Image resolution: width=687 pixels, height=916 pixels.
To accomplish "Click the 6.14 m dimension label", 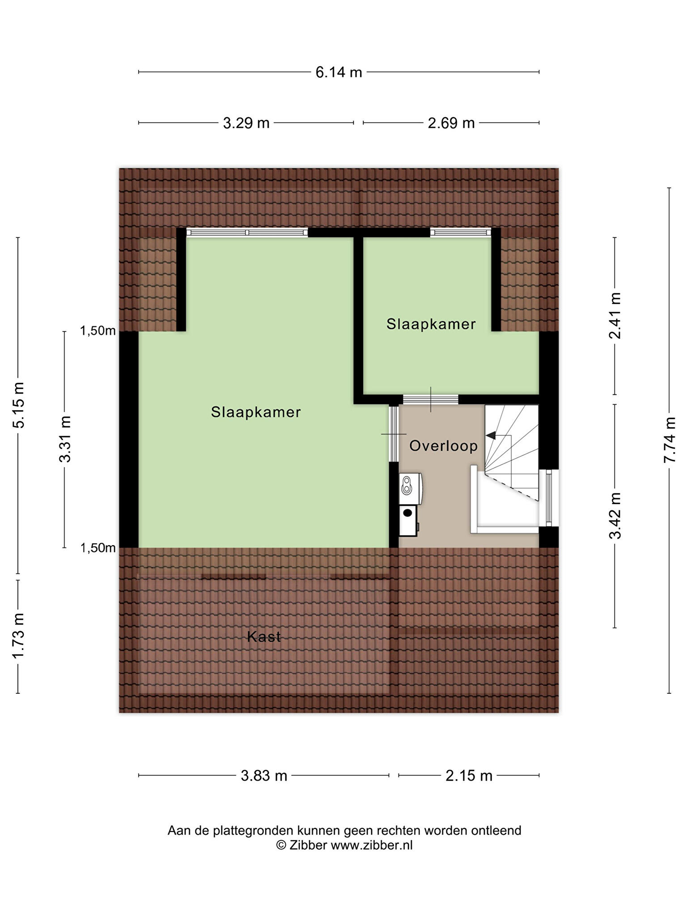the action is [339, 72].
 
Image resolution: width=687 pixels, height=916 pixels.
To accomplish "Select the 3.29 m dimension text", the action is [246, 123].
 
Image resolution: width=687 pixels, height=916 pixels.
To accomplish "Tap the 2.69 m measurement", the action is [451, 123].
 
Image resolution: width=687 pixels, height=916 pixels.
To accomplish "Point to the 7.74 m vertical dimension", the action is [670, 440].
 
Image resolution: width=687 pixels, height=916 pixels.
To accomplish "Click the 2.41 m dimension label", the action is [615, 316].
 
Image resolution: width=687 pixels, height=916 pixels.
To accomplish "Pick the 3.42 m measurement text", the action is [615, 516].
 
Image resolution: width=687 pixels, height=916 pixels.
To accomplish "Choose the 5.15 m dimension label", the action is [18, 405].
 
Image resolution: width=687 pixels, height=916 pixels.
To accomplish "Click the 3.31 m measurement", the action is [65, 439].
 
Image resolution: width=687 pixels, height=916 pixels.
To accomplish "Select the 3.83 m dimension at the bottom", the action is [264, 775].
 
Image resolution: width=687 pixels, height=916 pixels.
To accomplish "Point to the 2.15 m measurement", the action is [469, 775].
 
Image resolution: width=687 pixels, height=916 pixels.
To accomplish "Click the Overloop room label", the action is [444, 446].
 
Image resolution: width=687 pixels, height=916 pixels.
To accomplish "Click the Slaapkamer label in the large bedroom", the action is [256, 412].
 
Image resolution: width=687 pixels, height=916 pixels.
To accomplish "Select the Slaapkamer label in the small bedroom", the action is [431, 324].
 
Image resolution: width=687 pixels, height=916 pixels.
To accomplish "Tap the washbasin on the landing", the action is [411, 488].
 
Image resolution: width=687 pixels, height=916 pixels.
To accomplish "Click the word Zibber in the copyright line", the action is [308, 845].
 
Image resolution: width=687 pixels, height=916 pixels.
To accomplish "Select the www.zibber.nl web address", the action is [372, 845].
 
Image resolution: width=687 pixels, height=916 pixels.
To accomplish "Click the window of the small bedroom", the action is [461, 233].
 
